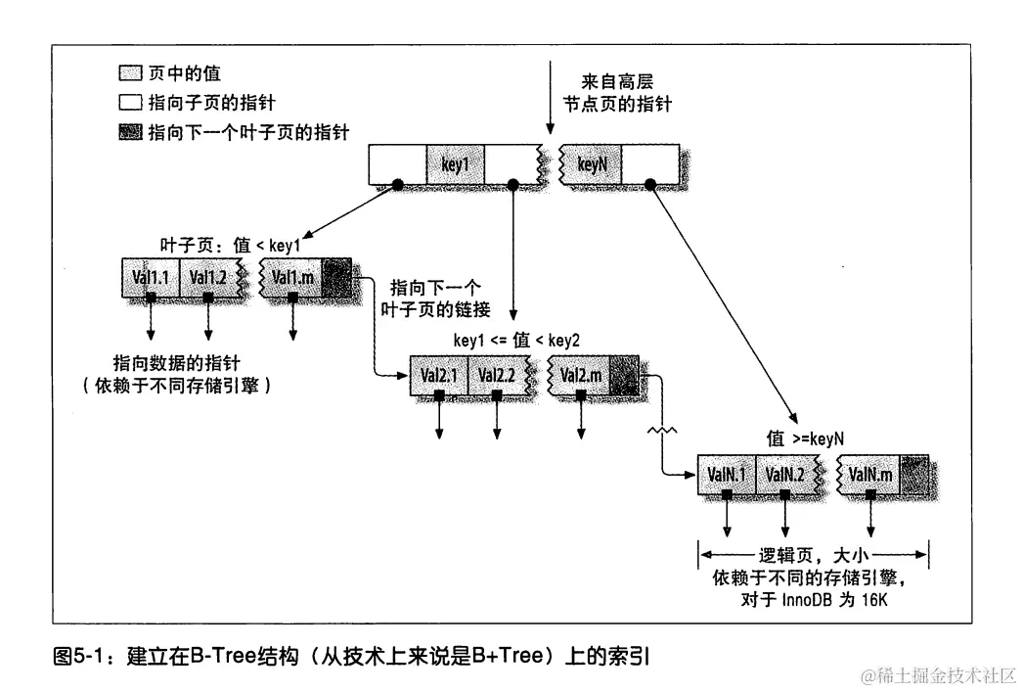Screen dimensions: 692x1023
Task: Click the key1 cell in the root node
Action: pos(455,164)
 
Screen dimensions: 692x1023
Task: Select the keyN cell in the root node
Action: pos(593,164)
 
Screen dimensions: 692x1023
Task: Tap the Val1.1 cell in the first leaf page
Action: pos(151,278)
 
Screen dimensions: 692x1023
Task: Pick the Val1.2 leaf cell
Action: pos(207,278)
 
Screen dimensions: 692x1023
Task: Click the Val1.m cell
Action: pos(292,278)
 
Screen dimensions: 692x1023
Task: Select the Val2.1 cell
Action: pos(440,375)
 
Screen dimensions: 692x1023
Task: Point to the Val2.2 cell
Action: pos(497,375)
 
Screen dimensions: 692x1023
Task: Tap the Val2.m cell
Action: pos(581,375)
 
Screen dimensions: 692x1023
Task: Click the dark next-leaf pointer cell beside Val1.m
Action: pos(335,278)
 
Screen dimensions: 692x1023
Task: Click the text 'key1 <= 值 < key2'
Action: pos(516,341)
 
